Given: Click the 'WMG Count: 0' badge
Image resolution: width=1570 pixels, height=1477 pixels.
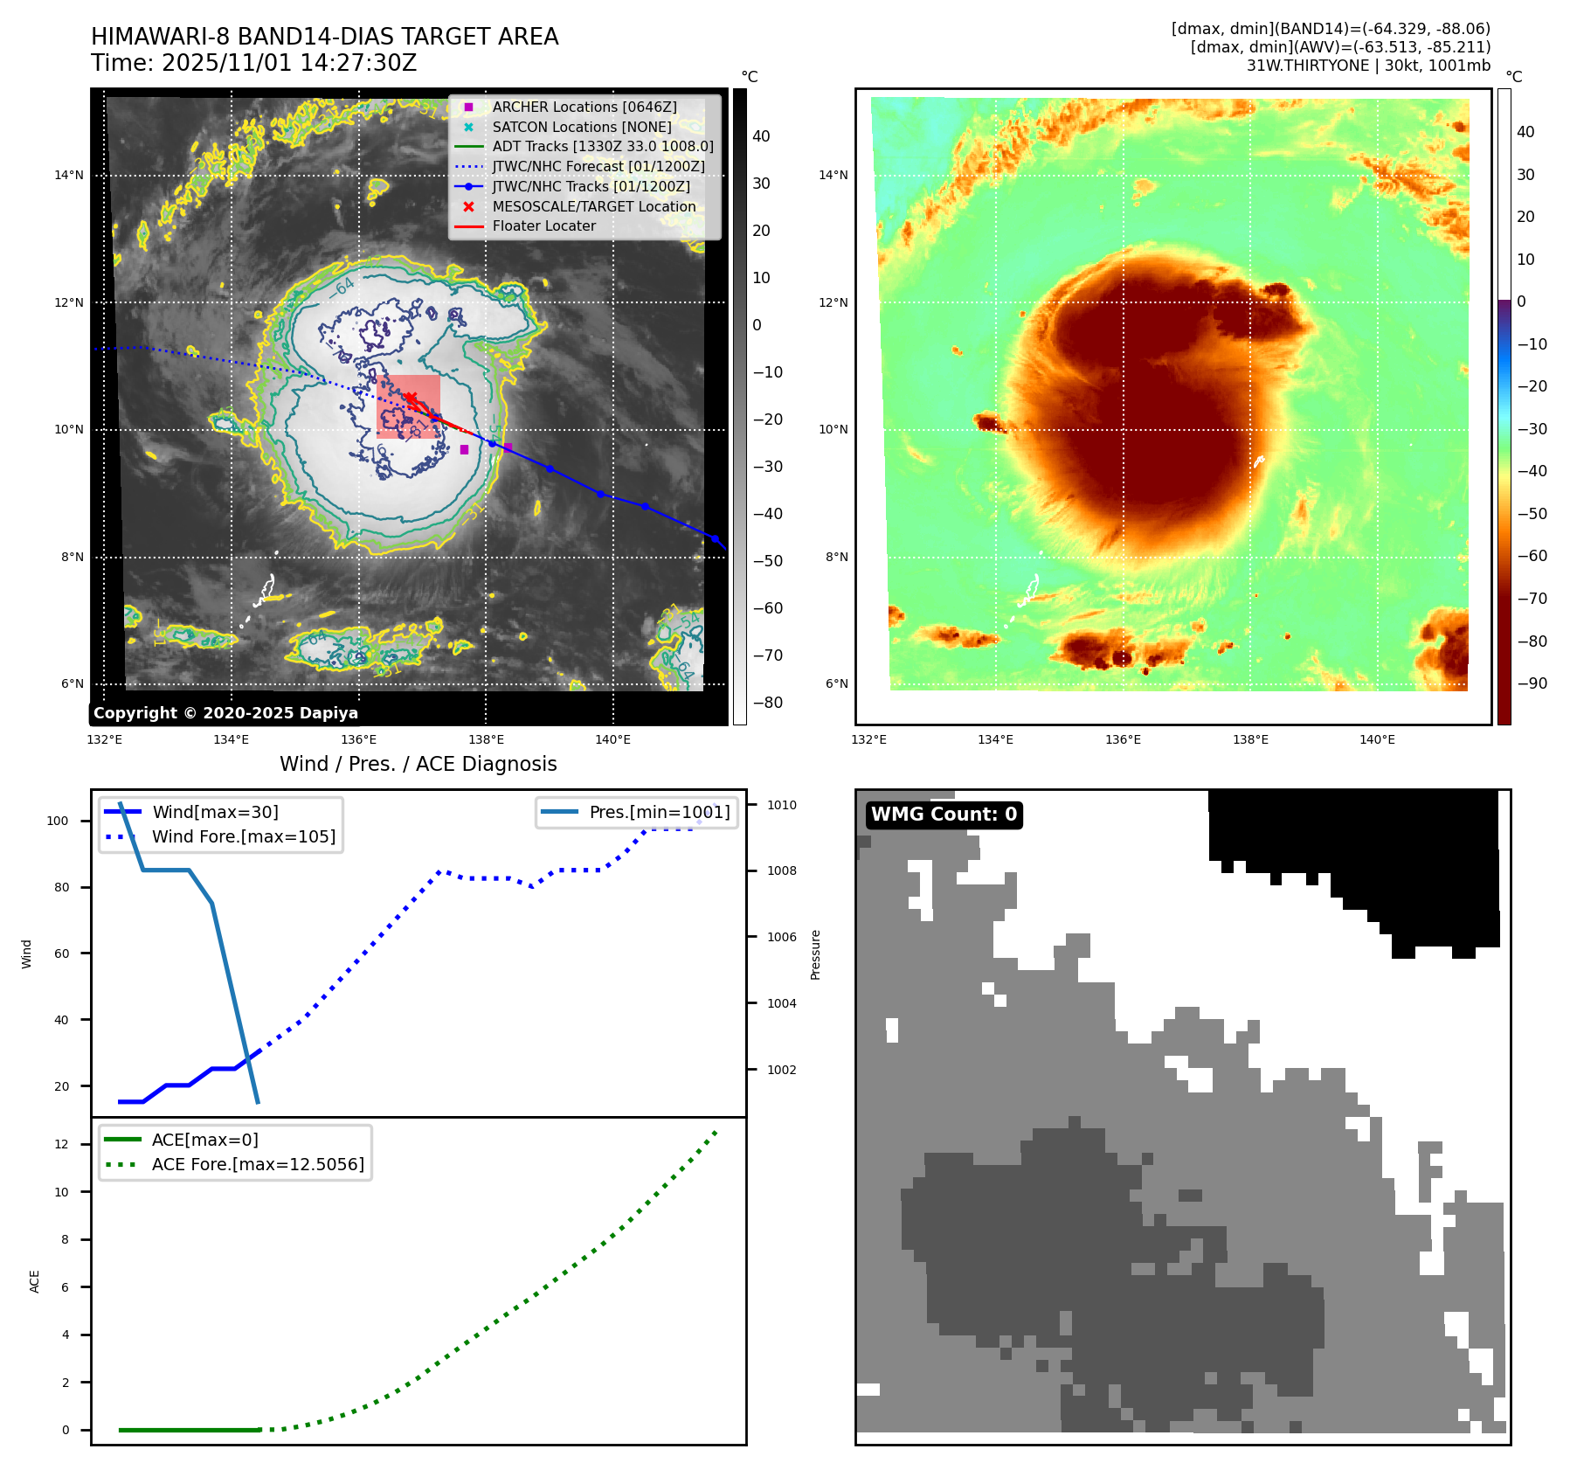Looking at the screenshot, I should tap(944, 815).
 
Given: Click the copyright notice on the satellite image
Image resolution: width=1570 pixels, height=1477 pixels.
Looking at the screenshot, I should tap(225, 713).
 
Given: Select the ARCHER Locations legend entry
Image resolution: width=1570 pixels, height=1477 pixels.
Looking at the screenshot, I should tap(584, 107).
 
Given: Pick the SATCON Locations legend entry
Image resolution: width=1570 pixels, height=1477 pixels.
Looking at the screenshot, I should tap(581, 127).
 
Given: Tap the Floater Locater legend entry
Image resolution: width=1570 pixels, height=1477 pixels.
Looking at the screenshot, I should tap(543, 225).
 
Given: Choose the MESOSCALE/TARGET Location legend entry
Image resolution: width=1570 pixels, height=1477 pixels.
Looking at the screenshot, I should tap(593, 206).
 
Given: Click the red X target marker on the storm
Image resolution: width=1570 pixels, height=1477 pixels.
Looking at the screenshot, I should tap(409, 399).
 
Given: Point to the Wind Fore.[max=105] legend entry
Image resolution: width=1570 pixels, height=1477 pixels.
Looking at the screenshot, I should tap(243, 836).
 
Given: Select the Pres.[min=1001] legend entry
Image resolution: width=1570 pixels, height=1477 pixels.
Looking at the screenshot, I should tap(659, 812).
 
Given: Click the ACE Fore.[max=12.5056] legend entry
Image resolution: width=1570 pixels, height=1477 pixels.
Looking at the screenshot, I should tap(257, 1164).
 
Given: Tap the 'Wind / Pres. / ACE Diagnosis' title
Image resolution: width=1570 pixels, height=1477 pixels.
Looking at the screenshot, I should tap(418, 764).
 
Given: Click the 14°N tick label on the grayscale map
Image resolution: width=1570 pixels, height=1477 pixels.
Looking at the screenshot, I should tap(69, 175).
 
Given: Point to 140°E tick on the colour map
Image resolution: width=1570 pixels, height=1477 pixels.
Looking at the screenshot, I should tap(1377, 739).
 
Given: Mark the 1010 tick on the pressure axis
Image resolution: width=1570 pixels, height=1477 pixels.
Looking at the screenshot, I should tap(782, 805).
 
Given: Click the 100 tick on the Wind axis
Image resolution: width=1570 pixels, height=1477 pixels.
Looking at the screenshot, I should tap(58, 821).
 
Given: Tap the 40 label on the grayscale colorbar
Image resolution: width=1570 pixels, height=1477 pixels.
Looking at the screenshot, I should tap(761, 136).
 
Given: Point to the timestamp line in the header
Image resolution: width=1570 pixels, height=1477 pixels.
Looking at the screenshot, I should tap(254, 63).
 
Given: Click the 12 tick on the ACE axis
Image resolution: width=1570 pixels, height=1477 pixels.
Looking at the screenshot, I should tap(61, 1144).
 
